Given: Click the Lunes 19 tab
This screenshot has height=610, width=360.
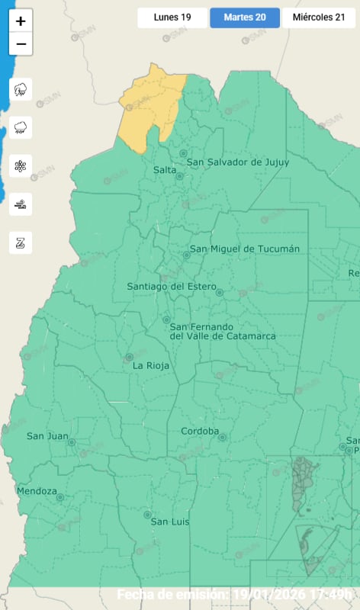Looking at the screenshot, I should click(x=172, y=17).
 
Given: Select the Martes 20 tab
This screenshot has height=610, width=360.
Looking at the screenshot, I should click(x=244, y=17).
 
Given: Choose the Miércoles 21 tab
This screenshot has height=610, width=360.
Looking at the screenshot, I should click(x=318, y=17).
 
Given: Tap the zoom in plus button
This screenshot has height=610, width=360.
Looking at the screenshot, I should click(x=21, y=21).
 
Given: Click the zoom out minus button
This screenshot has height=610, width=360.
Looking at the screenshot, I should click(x=21, y=44).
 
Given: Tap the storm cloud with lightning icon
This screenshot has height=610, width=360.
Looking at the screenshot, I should click(x=21, y=89).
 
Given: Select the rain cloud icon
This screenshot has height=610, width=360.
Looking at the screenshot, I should click(x=21, y=127).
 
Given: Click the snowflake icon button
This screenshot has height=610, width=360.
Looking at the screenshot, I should click(x=21, y=165).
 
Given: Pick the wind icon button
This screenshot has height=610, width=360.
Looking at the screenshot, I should click(x=21, y=204).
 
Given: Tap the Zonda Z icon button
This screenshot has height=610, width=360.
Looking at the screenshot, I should click(x=21, y=242).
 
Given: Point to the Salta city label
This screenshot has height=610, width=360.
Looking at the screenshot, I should click(x=164, y=170).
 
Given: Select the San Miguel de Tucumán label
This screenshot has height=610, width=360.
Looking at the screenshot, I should click(x=244, y=249).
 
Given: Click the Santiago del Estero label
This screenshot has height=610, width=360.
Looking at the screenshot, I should click(x=166, y=287).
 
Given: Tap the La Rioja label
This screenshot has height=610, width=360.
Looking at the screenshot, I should click(x=149, y=365).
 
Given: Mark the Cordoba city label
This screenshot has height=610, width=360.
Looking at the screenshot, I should click(x=199, y=432).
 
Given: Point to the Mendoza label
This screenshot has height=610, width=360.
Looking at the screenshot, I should click(x=36, y=491).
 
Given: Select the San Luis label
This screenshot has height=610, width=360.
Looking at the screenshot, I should click(x=169, y=522).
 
